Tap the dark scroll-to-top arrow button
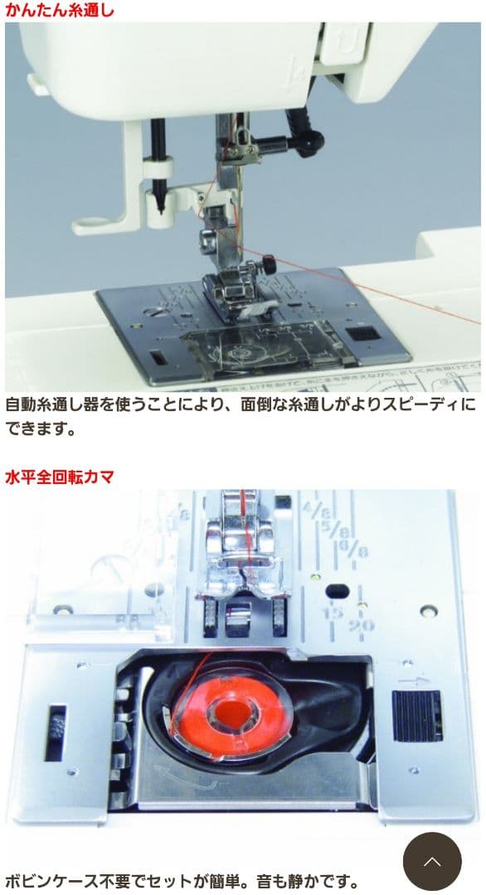[x=431, y=861]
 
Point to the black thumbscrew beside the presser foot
[x=269, y=266]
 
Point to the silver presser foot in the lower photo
[x=241, y=547]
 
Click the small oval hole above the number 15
[x=337, y=591]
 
